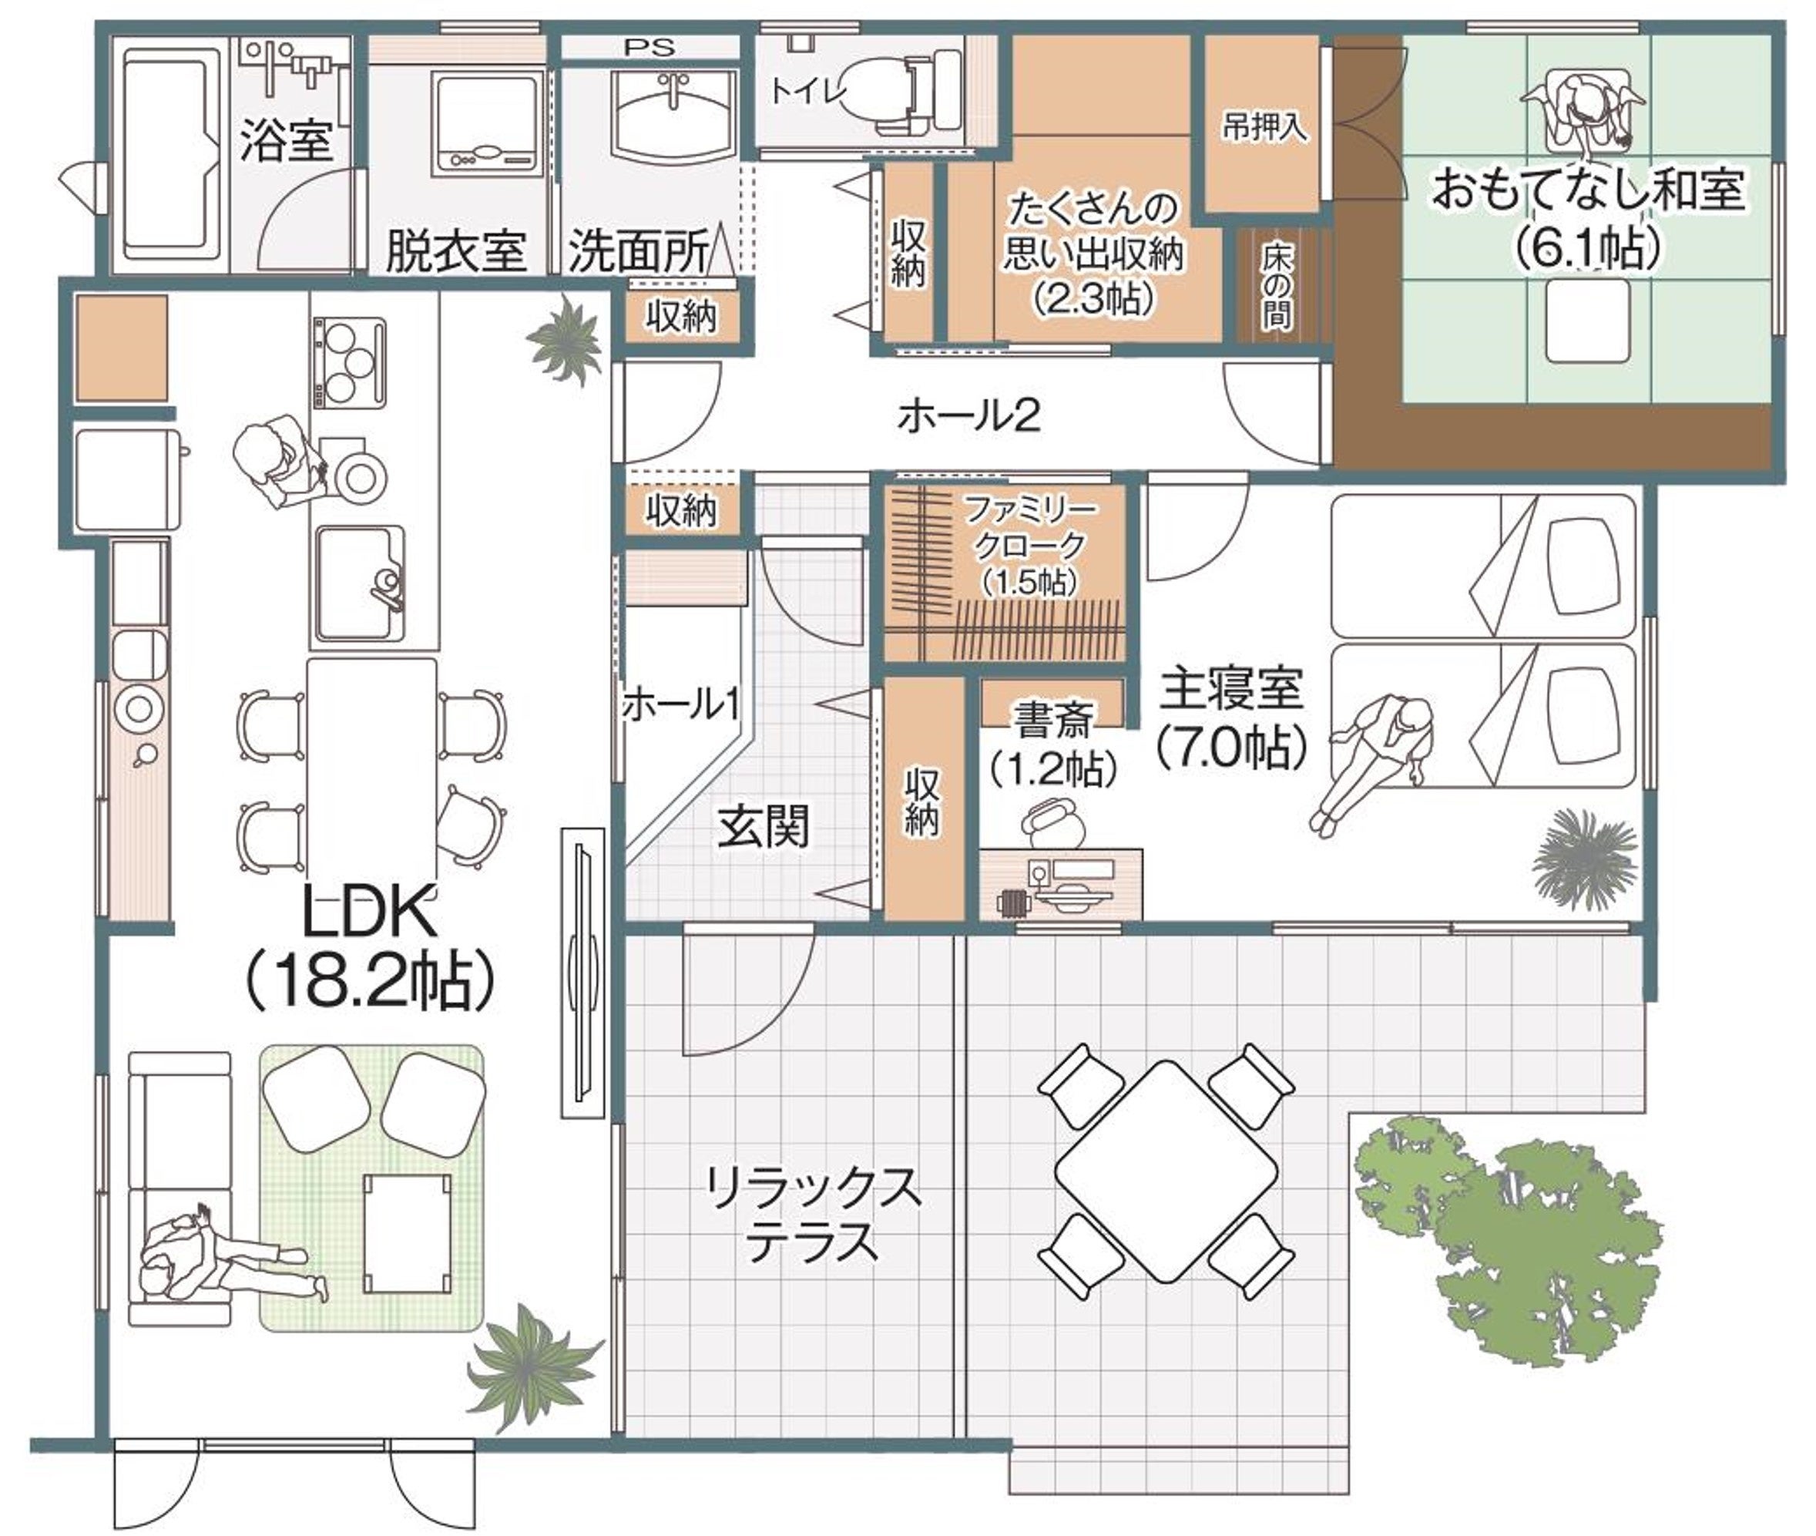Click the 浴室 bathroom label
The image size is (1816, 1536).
coord(287,139)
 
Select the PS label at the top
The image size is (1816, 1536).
coord(650,48)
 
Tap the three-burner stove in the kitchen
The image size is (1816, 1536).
coord(348,361)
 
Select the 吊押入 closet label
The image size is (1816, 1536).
coord(1264,128)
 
